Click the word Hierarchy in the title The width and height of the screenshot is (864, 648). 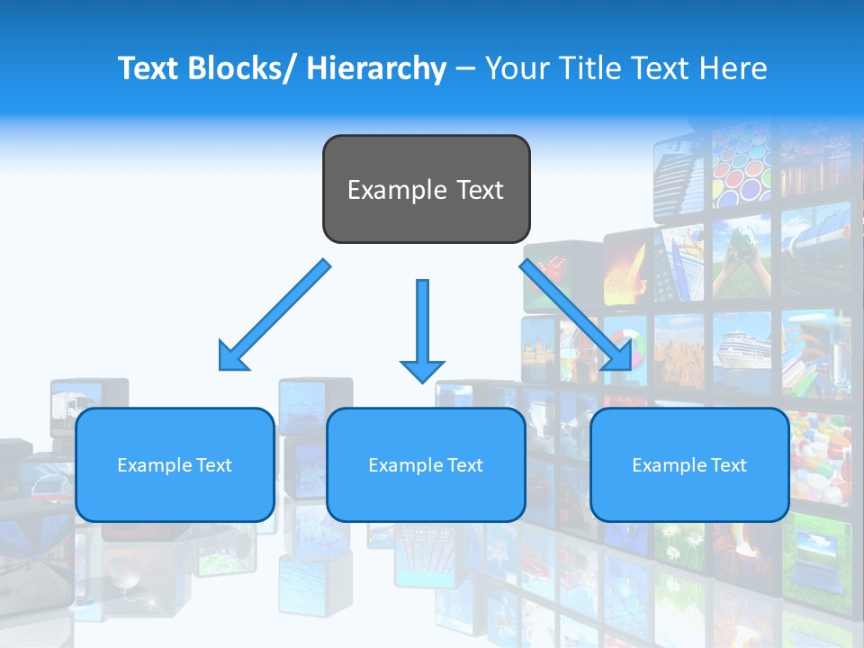(x=375, y=68)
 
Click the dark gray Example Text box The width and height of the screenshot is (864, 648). (x=426, y=189)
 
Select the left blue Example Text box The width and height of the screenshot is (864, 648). (x=175, y=464)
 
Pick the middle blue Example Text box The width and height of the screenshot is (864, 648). (x=426, y=464)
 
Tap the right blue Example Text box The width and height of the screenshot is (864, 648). (x=689, y=464)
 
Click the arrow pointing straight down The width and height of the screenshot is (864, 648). (x=422, y=328)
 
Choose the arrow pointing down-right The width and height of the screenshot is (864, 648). (x=576, y=315)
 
